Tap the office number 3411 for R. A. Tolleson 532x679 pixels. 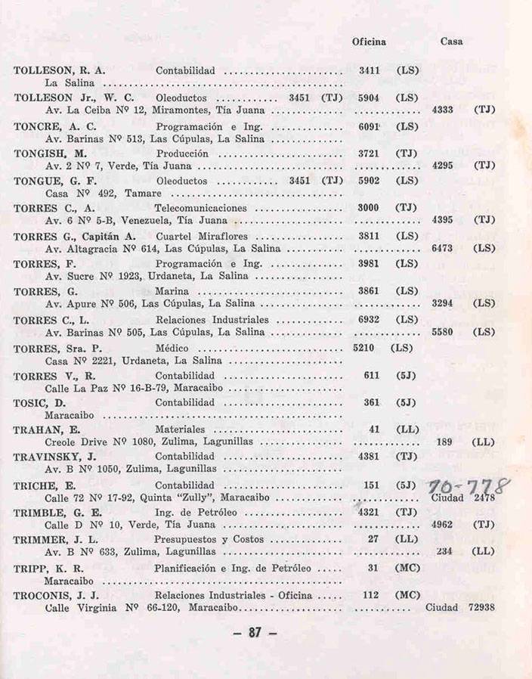(369, 70)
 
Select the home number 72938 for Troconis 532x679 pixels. (481, 608)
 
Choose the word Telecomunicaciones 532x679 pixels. (200, 208)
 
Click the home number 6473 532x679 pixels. (442, 248)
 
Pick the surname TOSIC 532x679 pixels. (29, 402)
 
